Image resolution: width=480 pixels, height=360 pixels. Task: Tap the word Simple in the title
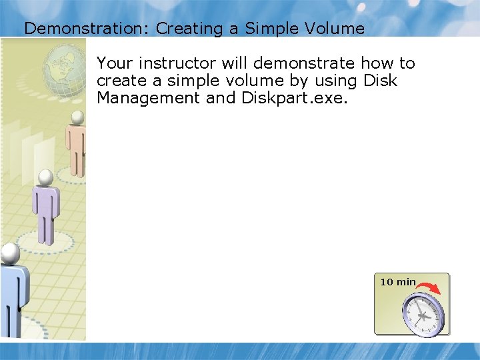[x=269, y=29]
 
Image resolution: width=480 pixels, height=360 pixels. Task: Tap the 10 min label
[x=398, y=282]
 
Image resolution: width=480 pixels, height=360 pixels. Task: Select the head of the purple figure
[x=45, y=177]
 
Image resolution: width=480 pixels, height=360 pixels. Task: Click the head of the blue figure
[x=10, y=252]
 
